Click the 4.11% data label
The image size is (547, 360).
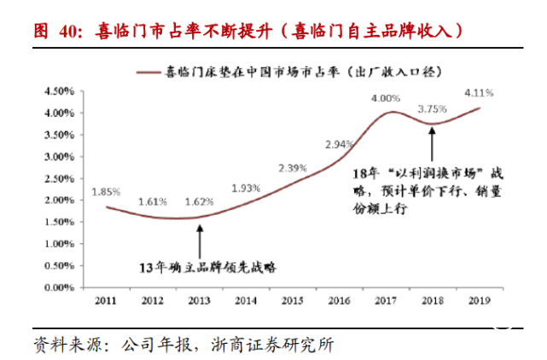click(478, 91)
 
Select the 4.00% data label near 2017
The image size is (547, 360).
click(386, 99)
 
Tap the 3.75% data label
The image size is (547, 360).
click(432, 108)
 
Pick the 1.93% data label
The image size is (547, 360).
click(245, 188)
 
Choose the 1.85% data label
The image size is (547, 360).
click(107, 193)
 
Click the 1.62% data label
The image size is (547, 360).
click(198, 202)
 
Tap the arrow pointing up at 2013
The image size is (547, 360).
click(199, 238)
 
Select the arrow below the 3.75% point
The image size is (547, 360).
click(433, 142)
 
